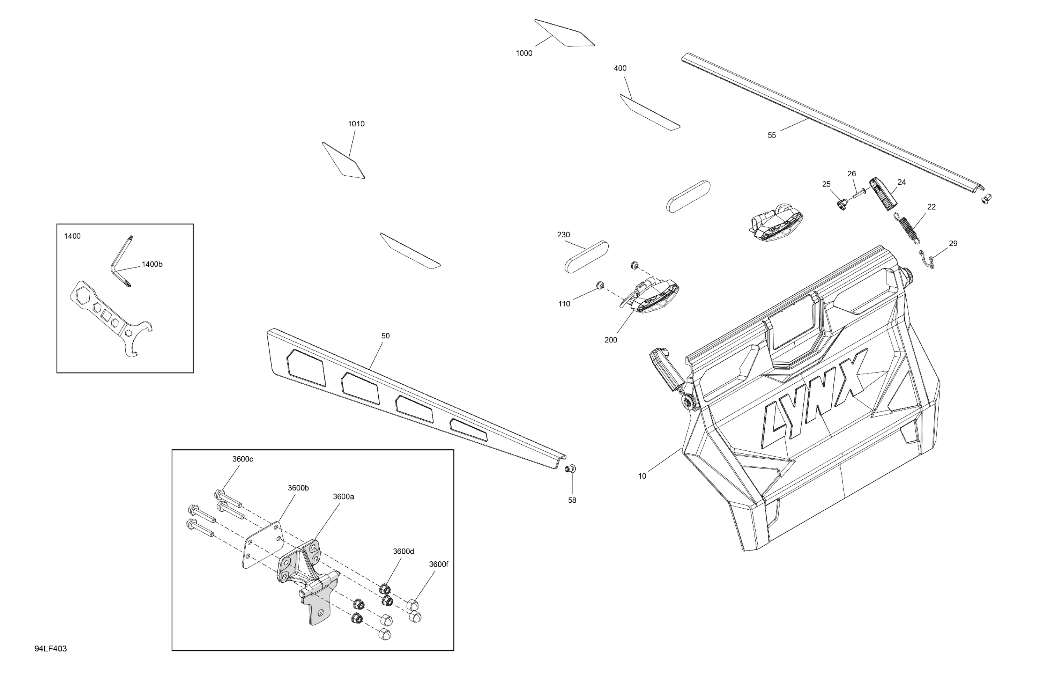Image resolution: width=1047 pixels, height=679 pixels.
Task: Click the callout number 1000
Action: pos(524,53)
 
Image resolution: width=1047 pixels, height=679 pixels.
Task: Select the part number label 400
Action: pos(620,68)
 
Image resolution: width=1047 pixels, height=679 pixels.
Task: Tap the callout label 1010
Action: pos(356,124)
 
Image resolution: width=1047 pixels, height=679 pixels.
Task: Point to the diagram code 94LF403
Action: pos(51,649)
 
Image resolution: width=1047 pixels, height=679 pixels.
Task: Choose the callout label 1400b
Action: pos(152,265)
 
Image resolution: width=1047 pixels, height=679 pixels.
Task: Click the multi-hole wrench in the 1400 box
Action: pos(112,319)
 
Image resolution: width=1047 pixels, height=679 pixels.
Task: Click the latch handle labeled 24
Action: pos(883,194)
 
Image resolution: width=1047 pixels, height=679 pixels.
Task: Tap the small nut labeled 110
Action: pos(599,286)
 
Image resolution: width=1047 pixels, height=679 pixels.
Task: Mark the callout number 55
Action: pos(772,135)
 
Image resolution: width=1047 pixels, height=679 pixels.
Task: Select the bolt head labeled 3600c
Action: pos(220,493)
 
